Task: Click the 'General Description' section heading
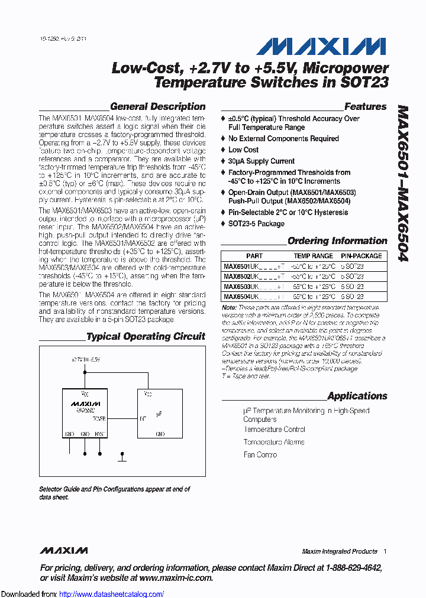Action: [158, 107]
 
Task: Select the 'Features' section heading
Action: [365, 107]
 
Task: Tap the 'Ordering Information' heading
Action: [337, 241]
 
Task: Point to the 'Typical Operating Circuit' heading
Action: [146, 337]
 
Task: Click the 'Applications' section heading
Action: [357, 396]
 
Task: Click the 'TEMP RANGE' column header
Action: [313, 256]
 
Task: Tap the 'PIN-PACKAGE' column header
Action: [361, 256]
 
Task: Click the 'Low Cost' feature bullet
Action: [243, 150]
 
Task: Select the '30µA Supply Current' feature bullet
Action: [261, 161]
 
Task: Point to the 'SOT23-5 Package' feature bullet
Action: [256, 224]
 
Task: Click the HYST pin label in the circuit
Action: [99, 434]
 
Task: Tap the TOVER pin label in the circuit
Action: [99, 419]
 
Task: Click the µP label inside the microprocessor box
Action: [159, 414]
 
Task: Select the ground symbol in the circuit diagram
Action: [122, 457]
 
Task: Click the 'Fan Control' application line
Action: [260, 455]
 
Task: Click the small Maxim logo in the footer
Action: [64, 551]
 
